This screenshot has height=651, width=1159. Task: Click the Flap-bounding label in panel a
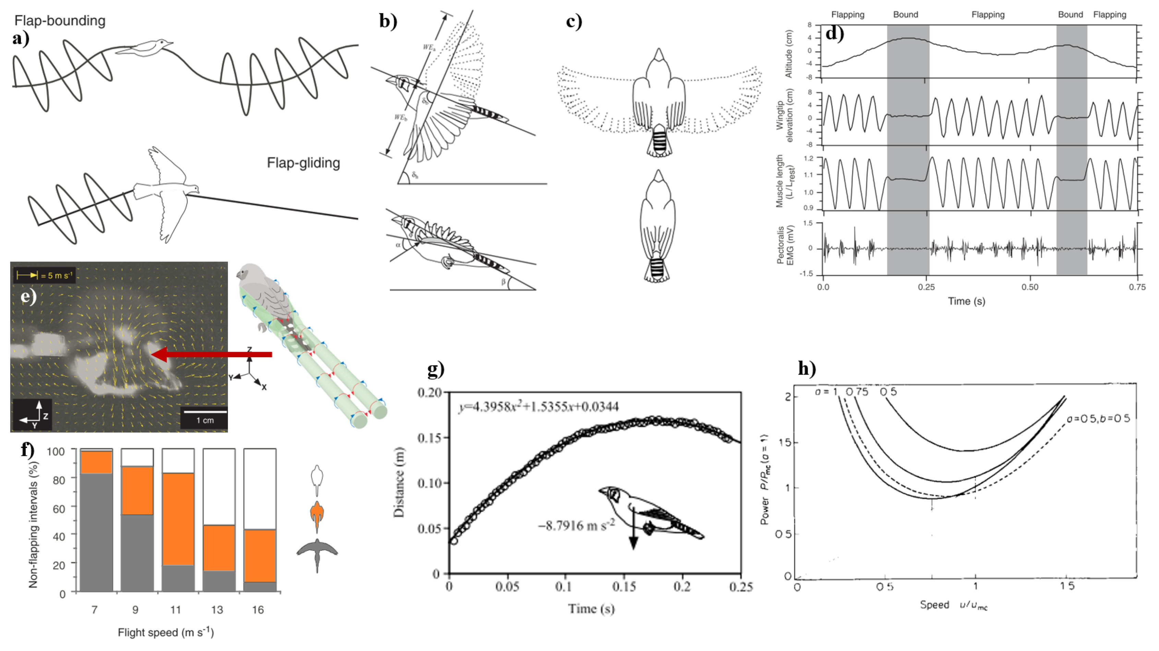60,21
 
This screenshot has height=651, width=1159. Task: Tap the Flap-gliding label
303,163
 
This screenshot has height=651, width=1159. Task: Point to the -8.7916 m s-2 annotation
576,526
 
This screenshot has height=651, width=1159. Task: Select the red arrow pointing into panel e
212,354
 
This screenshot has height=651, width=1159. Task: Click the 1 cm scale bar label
205,420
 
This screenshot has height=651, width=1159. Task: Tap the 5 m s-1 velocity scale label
57,275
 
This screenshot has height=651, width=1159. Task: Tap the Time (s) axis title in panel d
966,301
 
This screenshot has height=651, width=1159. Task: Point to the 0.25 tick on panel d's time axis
926,287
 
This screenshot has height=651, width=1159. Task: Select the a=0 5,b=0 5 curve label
1098,419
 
